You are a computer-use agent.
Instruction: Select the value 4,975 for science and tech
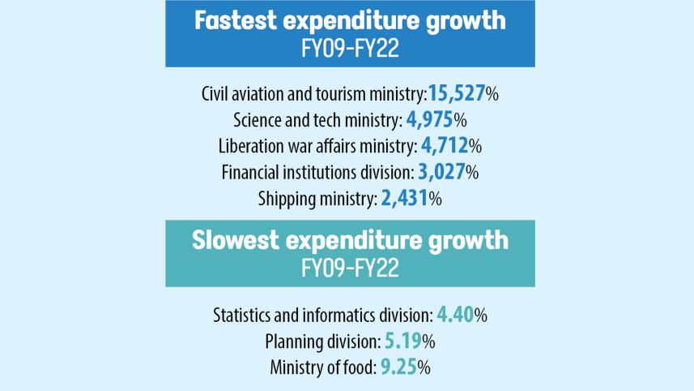429,120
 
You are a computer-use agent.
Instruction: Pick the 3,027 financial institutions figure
441,172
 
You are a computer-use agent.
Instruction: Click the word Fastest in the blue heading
236,20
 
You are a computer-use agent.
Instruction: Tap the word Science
258,121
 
